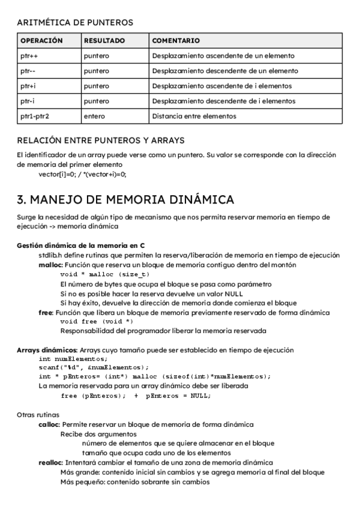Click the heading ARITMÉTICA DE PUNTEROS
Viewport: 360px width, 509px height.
tap(75, 22)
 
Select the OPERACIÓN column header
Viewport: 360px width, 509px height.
tap(41, 41)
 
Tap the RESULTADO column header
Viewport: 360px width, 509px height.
tap(104, 41)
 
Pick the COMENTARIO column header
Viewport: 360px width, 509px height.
tap(176, 41)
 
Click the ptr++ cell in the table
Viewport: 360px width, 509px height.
tap(29, 56)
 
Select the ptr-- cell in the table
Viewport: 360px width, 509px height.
tap(28, 71)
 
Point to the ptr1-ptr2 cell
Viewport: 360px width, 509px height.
tap(35, 116)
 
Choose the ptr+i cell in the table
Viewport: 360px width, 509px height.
tap(28, 86)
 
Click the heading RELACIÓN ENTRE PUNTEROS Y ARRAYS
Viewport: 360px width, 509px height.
tap(101, 141)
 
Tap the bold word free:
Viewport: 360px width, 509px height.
tap(46, 313)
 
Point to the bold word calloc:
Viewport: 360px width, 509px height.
tap(50, 424)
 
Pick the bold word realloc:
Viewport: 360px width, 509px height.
tap(51, 462)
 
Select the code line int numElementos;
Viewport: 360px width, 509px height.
tap(65, 359)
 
